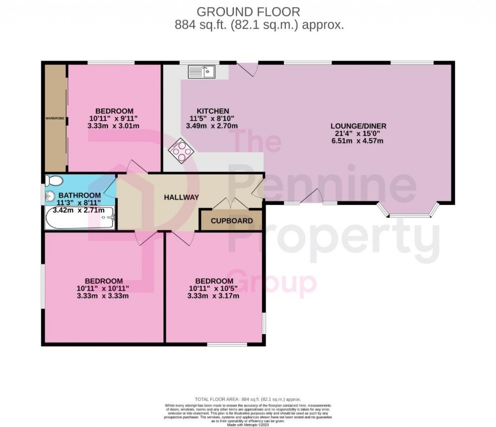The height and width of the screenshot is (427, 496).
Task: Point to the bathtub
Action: pyautogui.click(x=79, y=218)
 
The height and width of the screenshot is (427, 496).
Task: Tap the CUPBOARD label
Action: pyautogui.click(x=232, y=221)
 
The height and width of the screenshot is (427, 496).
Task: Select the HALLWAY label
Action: pyautogui.click(x=181, y=197)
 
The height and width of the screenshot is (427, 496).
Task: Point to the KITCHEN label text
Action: pyautogui.click(x=213, y=111)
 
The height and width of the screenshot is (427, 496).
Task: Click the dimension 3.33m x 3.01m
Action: pyautogui.click(x=114, y=126)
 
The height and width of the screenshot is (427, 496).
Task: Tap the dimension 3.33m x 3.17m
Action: pyautogui.click(x=214, y=296)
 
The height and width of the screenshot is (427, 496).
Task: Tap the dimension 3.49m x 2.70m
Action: pyautogui.click(x=212, y=126)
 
